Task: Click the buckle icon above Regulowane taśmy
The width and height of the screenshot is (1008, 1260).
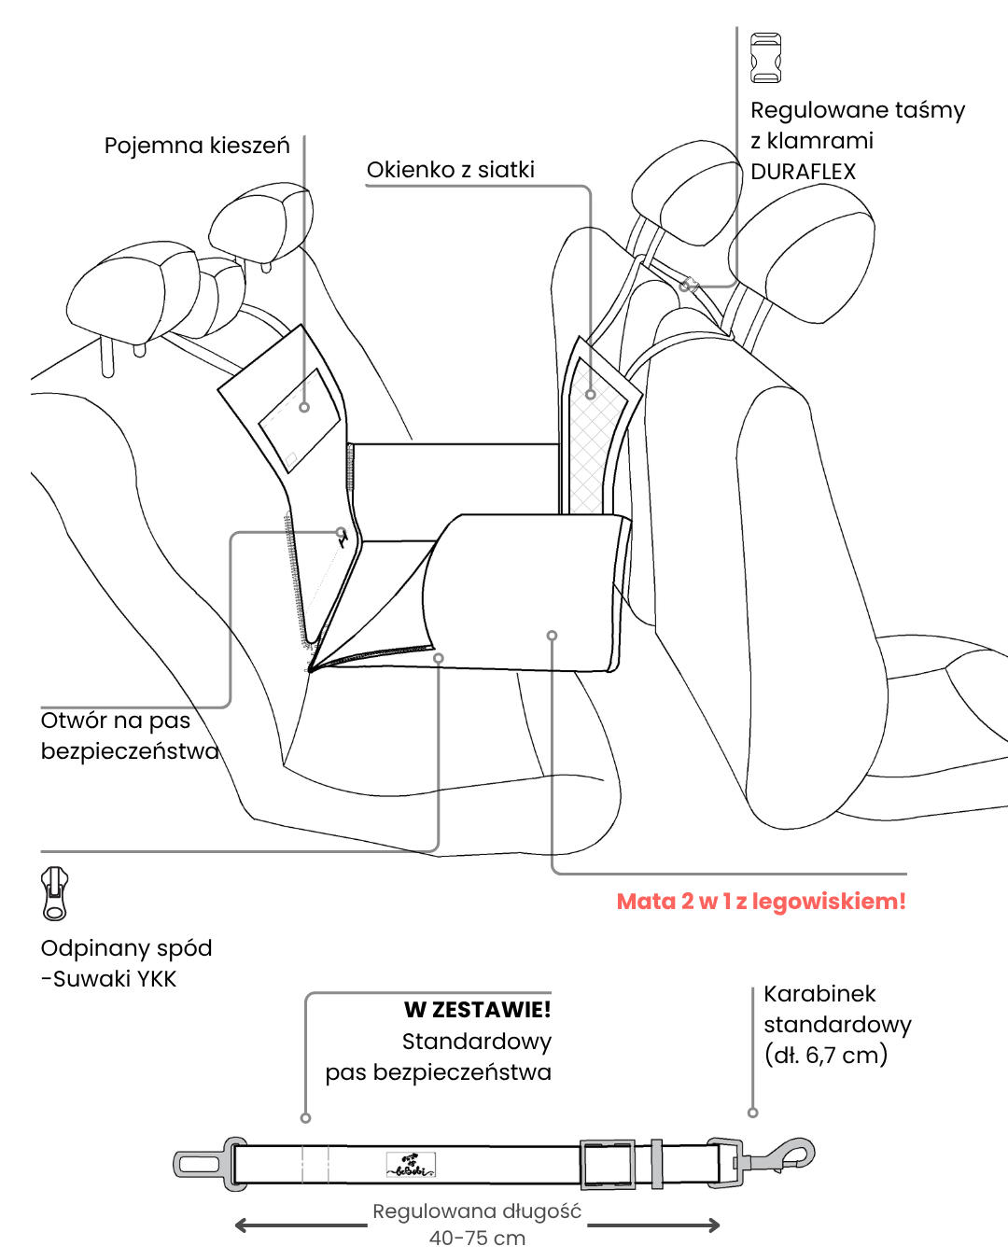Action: point(765,58)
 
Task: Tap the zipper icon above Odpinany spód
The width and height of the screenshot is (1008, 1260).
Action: point(55,893)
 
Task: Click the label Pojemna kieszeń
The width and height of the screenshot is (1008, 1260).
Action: point(197,146)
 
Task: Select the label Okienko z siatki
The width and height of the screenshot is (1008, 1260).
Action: point(451,170)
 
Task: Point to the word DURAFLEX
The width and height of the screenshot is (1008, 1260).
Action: point(803,172)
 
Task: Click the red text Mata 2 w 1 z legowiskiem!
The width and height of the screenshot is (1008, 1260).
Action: point(761,902)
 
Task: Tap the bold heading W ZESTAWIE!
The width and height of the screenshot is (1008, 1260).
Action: point(477,1010)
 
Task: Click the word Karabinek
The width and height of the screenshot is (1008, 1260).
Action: point(819,994)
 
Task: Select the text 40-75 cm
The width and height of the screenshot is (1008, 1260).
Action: point(477,1239)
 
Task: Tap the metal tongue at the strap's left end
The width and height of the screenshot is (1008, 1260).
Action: point(198,1164)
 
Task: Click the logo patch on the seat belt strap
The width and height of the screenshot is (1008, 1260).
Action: point(411,1165)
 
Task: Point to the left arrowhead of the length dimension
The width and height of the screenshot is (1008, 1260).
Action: point(241,1225)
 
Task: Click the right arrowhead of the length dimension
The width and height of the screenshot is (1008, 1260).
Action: point(714,1225)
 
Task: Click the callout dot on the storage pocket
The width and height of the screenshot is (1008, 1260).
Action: point(304,407)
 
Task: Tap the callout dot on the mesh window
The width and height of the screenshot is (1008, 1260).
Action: point(590,395)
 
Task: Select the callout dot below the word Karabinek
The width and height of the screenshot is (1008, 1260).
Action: point(752,1113)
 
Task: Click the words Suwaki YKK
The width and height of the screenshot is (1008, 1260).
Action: point(115,979)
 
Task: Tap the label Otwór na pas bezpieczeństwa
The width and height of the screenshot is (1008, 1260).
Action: point(129,735)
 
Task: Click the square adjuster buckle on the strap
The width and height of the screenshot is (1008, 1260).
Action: point(608,1164)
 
